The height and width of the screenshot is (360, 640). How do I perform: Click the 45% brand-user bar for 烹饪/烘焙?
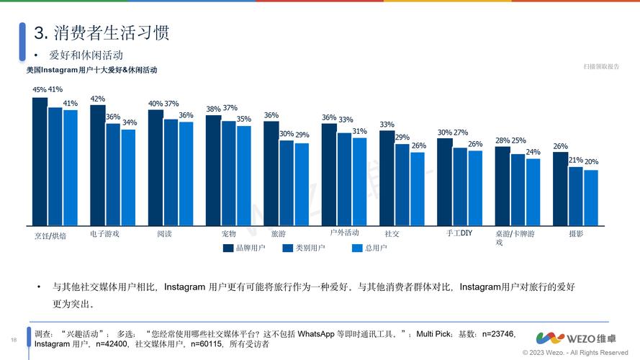[x=40, y=161]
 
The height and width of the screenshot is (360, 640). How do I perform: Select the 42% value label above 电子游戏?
[x=97, y=99]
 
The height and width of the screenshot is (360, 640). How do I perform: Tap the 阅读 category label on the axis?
[x=164, y=234]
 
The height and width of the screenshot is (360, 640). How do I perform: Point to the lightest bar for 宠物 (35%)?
[x=244, y=176]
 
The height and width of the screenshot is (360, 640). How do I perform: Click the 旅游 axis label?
[x=278, y=234]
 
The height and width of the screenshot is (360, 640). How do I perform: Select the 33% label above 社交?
[x=387, y=125]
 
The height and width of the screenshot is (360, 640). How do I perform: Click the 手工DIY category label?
[x=459, y=233]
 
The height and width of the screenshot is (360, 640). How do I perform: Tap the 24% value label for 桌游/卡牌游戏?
[x=533, y=152]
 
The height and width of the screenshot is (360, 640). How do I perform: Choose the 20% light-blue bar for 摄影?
[x=591, y=197]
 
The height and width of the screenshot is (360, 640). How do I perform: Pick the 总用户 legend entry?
[x=369, y=248]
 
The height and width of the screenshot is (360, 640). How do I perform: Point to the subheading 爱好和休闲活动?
[x=86, y=55]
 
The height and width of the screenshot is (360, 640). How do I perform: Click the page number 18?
[x=13, y=340]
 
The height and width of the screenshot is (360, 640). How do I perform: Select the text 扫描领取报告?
[x=601, y=66]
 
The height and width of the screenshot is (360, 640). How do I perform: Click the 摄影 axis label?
[x=576, y=234]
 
